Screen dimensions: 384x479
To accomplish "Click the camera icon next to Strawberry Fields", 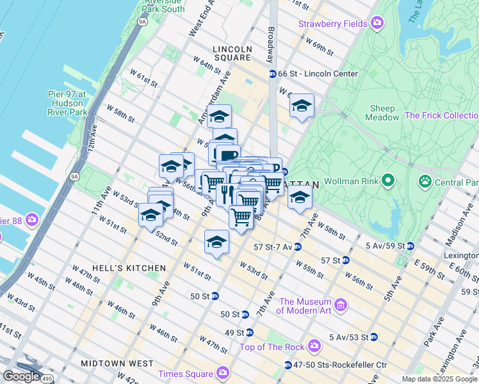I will (377, 24).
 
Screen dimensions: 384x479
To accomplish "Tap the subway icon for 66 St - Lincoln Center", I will (272, 74).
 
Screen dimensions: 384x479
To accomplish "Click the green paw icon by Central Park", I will (425, 182).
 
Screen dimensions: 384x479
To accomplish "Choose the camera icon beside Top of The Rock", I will (314, 347).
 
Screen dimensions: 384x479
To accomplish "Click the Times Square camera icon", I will (223, 372).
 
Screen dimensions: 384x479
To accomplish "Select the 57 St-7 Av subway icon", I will (298, 246).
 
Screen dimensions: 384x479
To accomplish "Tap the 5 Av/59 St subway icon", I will (410, 246).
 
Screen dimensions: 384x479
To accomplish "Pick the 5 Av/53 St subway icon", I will (373, 337).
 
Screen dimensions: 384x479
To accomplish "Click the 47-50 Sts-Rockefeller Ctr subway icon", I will (288, 365).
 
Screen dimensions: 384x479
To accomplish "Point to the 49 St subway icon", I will (249, 333).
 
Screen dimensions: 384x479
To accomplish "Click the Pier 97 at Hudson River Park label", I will (67, 103).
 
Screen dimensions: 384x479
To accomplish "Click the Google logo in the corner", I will (21, 376).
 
